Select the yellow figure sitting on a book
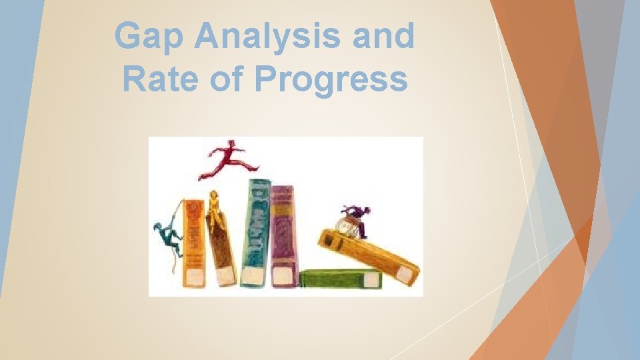[215, 208]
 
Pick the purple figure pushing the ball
[357, 219]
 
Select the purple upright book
[284, 233]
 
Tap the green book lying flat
[340, 279]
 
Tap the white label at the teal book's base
[252, 275]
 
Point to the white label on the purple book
[285, 275]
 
